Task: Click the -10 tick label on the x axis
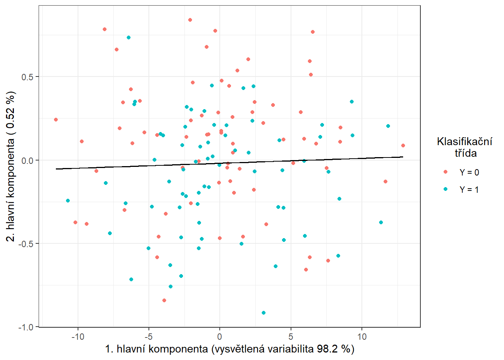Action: (x=78, y=337)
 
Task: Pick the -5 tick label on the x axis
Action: (x=148, y=337)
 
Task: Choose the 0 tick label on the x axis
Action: (x=220, y=337)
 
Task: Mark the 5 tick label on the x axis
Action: (x=291, y=337)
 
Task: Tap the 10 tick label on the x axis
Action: (x=362, y=337)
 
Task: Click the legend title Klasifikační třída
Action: (x=465, y=147)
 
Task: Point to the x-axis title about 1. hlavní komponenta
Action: (x=229, y=349)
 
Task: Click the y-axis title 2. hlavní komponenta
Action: (x=11, y=166)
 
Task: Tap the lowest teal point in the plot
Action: (x=264, y=313)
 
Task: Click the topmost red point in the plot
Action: (x=190, y=20)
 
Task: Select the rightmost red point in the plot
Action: (x=403, y=145)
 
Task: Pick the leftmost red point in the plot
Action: (x=56, y=120)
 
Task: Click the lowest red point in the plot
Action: (x=164, y=300)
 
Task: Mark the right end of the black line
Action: (x=403, y=157)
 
